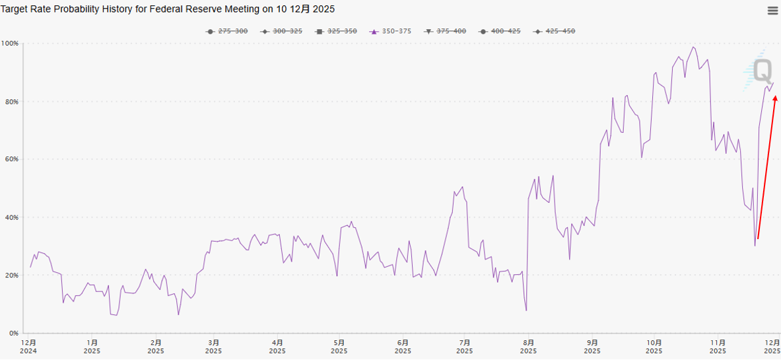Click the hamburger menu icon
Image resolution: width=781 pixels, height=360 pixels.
pos(772,10)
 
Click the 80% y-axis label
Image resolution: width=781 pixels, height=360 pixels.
pos(11,102)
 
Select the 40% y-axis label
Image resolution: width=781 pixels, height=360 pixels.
pos(11,217)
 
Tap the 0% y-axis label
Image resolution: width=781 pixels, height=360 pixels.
pos(14,333)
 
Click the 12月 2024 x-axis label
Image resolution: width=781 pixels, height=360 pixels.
pos(29,347)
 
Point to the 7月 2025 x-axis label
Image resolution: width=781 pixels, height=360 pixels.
pos(465,347)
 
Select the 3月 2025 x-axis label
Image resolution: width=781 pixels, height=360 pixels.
pos(214,347)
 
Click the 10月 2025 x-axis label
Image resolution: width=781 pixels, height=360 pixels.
pos(654,347)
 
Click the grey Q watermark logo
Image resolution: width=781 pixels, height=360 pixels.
pos(763,69)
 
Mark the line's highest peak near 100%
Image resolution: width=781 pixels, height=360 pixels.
pos(693,47)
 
